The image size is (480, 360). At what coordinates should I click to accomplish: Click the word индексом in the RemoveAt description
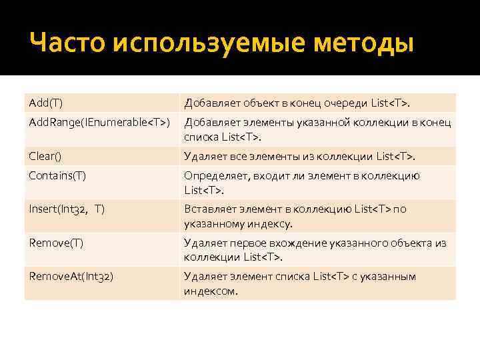[210, 291]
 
